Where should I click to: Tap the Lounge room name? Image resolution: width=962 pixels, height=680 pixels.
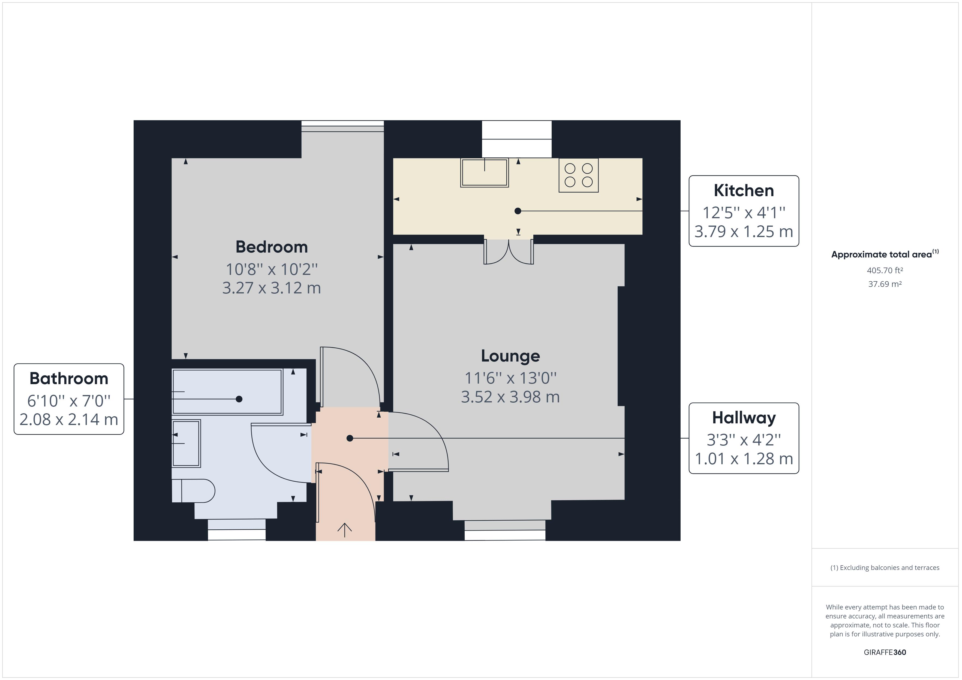pyautogui.click(x=510, y=356)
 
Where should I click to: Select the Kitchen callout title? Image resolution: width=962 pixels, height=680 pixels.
pyautogui.click(x=744, y=190)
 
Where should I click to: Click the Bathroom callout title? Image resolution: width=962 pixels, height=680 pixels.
pyautogui.click(x=69, y=378)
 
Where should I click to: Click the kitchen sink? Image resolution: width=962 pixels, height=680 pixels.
pyautogui.click(x=484, y=172)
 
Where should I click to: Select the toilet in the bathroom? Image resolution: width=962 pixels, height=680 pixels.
pyautogui.click(x=193, y=491)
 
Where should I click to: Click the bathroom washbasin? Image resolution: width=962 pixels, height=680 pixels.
pyautogui.click(x=186, y=444)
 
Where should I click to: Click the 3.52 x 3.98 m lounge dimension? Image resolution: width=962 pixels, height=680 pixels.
pyautogui.click(x=510, y=397)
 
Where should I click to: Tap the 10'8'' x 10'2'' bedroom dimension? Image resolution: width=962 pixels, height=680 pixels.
pyautogui.click(x=272, y=269)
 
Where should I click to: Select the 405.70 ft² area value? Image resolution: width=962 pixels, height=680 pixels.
pyautogui.click(x=885, y=271)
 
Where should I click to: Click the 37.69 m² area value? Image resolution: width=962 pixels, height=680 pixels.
pyautogui.click(x=885, y=284)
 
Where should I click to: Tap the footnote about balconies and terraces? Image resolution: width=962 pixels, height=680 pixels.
pyautogui.click(x=885, y=568)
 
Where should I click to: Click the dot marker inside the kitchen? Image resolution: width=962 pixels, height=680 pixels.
pyautogui.click(x=518, y=211)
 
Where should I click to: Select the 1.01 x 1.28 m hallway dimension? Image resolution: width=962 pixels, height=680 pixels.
pyautogui.click(x=744, y=459)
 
